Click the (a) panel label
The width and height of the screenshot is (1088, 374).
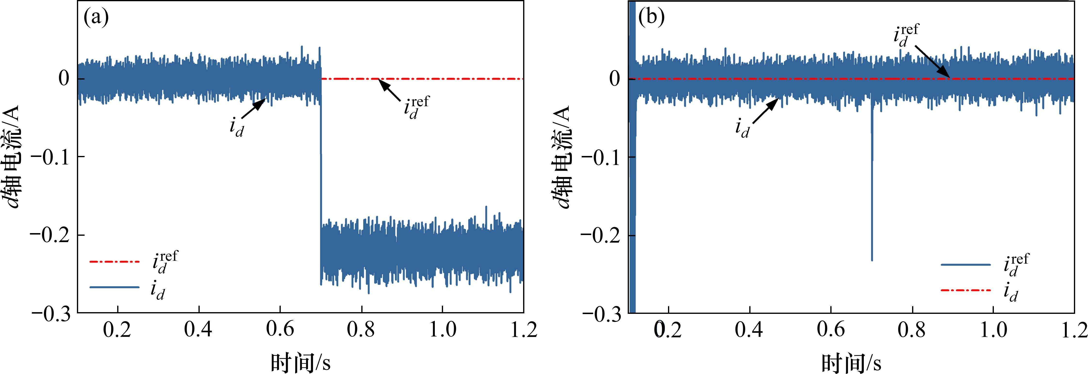(96, 18)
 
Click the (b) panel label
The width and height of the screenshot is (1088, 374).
(651, 18)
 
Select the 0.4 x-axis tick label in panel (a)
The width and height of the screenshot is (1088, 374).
(198, 330)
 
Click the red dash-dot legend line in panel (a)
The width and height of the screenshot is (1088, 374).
(114, 262)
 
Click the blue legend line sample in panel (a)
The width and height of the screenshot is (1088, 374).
(114, 287)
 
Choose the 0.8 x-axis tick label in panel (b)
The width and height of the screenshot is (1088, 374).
(912, 330)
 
